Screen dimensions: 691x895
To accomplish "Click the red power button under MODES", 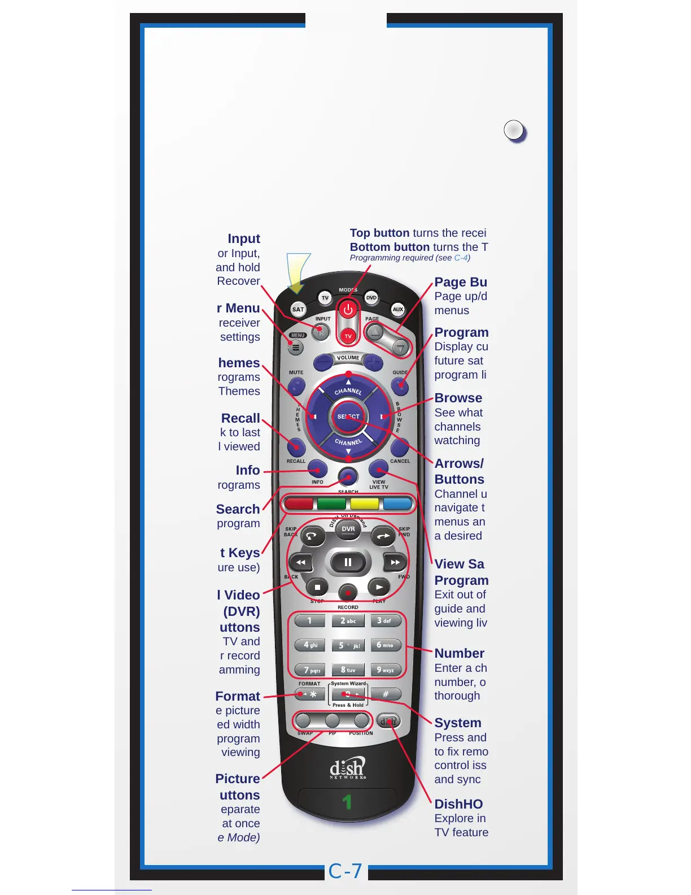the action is [348, 310].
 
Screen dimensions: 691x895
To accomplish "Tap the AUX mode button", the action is [398, 309].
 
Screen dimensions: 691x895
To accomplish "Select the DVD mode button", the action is [371, 298].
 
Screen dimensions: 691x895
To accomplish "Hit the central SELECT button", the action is [348, 416].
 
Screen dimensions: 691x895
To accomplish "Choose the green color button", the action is [331, 503].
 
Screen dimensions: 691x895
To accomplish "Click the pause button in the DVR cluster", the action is [348, 562].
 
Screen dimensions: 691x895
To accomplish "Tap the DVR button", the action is [348, 529].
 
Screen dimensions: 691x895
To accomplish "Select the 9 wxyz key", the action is [386, 670].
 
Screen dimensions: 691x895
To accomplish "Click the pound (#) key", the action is [386, 694].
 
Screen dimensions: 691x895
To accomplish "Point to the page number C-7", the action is [345, 871].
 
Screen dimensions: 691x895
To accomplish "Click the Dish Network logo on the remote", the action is [348, 768].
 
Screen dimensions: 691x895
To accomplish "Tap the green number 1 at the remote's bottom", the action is [347, 802].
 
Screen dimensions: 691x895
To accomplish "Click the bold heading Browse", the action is [458, 398].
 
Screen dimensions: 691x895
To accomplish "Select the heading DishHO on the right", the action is [458, 804].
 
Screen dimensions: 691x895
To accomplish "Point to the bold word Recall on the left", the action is [240, 418].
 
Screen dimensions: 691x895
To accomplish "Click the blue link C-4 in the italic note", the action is [461, 258].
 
